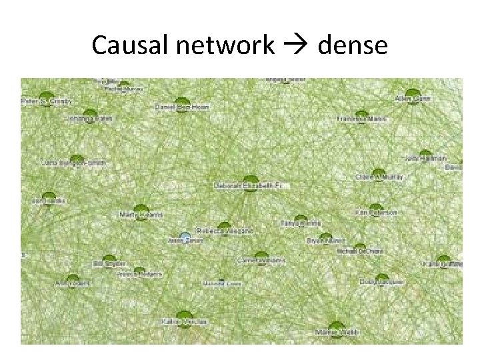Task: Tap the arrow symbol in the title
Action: (296, 45)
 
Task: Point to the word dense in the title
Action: (353, 45)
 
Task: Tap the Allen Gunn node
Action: (413, 93)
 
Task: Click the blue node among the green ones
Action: (186, 237)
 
